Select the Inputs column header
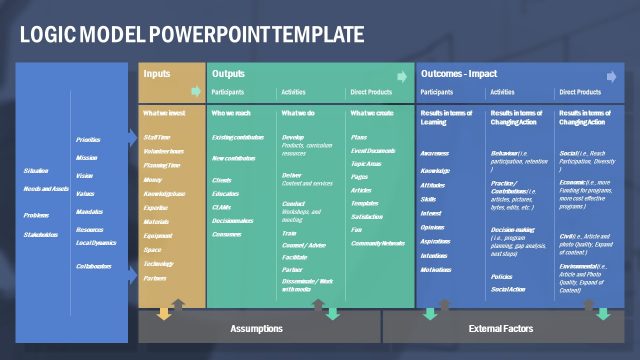click(157, 74)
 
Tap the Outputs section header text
click(228, 74)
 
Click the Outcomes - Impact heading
click(459, 74)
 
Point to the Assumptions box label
click(257, 328)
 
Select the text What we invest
click(163, 113)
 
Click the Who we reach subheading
click(231, 113)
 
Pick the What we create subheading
click(372, 113)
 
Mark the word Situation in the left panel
click(36, 171)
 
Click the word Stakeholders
click(41, 235)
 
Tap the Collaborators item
click(92, 266)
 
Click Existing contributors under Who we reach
click(238, 137)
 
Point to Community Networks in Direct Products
click(378, 243)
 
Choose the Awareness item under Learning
click(434, 154)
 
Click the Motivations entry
click(436, 270)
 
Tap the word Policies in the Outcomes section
click(501, 276)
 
